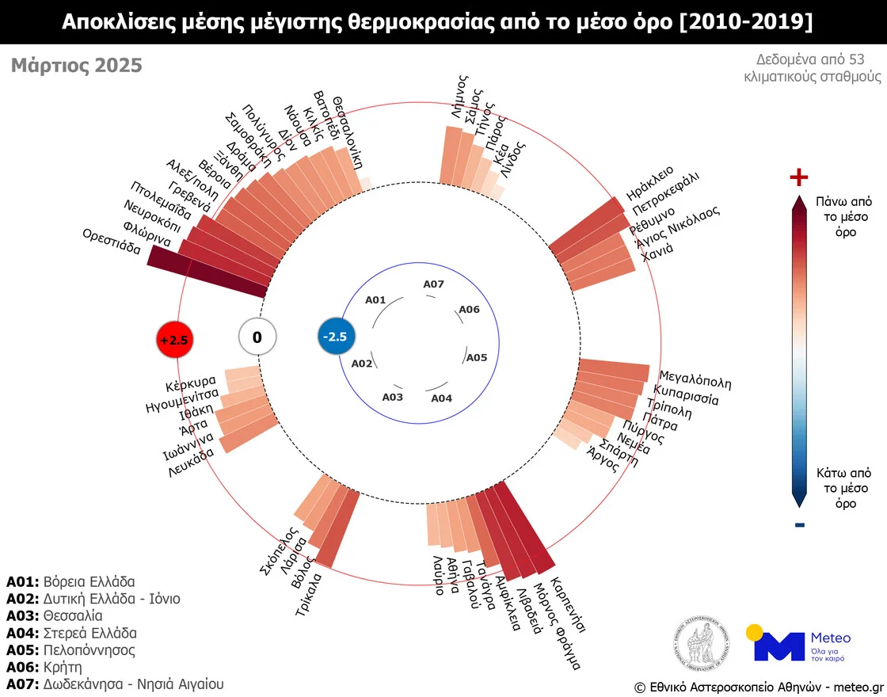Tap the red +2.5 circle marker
(x=175, y=340)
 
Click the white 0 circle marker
(x=257, y=338)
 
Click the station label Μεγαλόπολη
(x=695, y=379)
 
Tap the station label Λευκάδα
(x=192, y=464)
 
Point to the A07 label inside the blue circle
(x=434, y=284)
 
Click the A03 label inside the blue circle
(x=393, y=397)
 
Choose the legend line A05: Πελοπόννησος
(x=70, y=649)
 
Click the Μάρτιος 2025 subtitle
(x=77, y=65)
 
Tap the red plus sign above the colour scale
(x=799, y=178)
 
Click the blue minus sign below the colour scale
(x=799, y=524)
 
